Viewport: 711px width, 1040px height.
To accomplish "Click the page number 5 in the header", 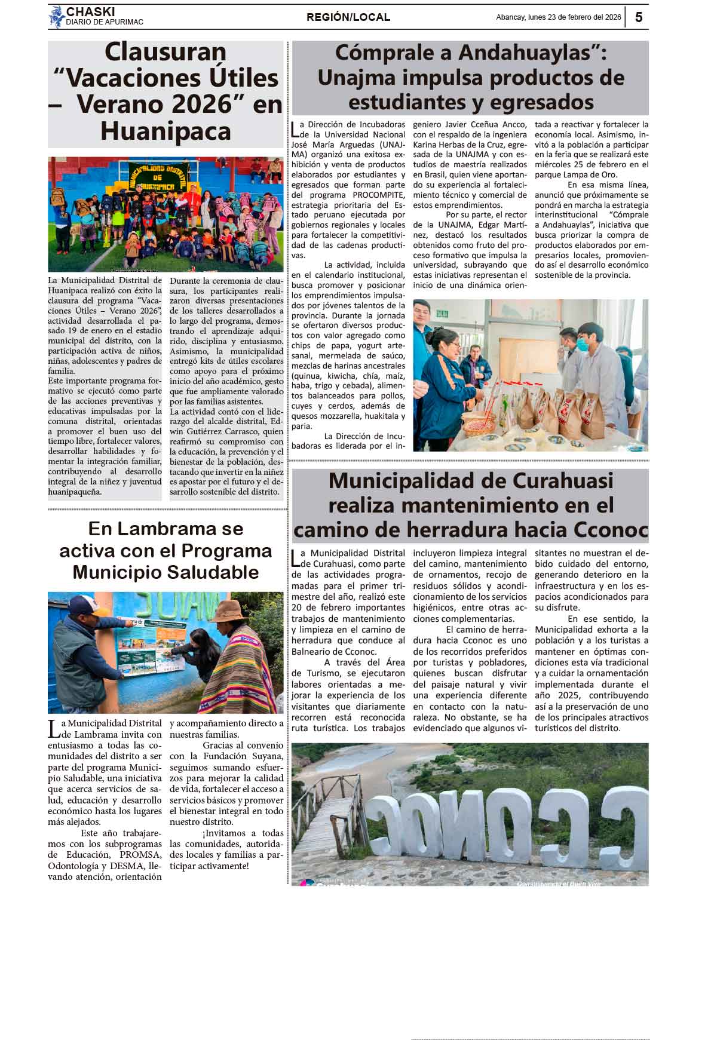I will click(x=639, y=17).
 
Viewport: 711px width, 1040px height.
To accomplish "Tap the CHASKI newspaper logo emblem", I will click(x=56, y=17).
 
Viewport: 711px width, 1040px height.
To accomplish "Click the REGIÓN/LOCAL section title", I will click(x=348, y=17).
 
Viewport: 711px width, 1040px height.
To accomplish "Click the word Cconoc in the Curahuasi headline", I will click(x=611, y=530).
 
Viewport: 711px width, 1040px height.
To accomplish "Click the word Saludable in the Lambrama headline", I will click(x=207, y=572).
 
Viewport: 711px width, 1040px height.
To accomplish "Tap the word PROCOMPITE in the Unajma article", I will click(x=378, y=195).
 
